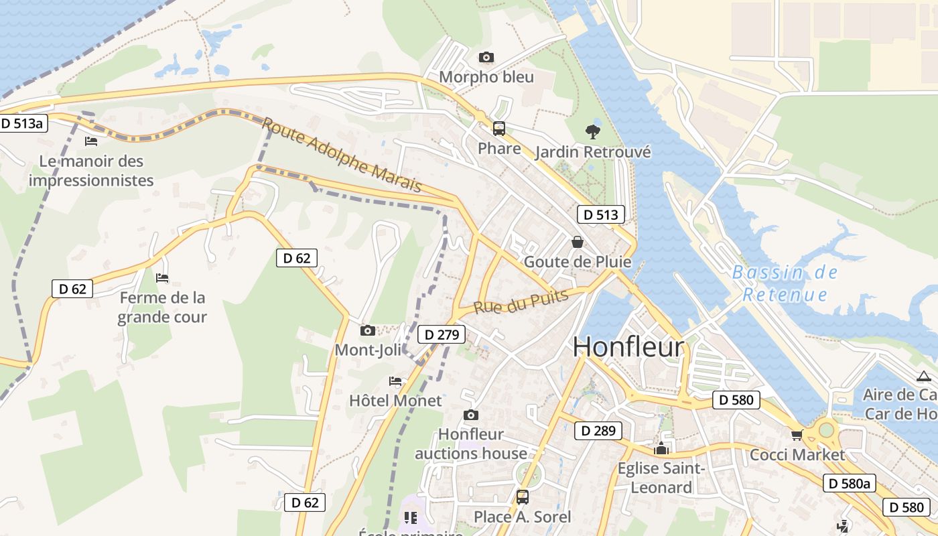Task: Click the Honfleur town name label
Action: click(x=628, y=347)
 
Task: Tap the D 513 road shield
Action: click(x=601, y=214)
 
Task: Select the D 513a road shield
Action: click(x=23, y=123)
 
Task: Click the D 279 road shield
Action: click(x=441, y=334)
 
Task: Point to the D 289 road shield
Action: click(x=598, y=431)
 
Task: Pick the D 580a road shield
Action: click(x=850, y=483)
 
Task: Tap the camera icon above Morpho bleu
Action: click(x=486, y=58)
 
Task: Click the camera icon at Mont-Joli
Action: click(x=367, y=330)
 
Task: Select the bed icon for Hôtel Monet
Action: click(x=395, y=381)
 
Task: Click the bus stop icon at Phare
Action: click(x=499, y=129)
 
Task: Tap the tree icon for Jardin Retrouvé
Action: click(x=592, y=132)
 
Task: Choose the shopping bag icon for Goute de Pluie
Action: click(x=577, y=242)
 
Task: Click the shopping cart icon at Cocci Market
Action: click(x=797, y=435)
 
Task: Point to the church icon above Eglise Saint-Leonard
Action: click(x=661, y=448)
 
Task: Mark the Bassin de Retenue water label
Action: click(x=785, y=283)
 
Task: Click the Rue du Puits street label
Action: click(x=521, y=301)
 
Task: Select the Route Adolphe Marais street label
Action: click(x=342, y=155)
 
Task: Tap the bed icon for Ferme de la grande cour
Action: click(x=162, y=277)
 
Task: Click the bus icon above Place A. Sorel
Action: click(x=523, y=497)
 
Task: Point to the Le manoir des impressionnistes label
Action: click(x=91, y=171)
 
